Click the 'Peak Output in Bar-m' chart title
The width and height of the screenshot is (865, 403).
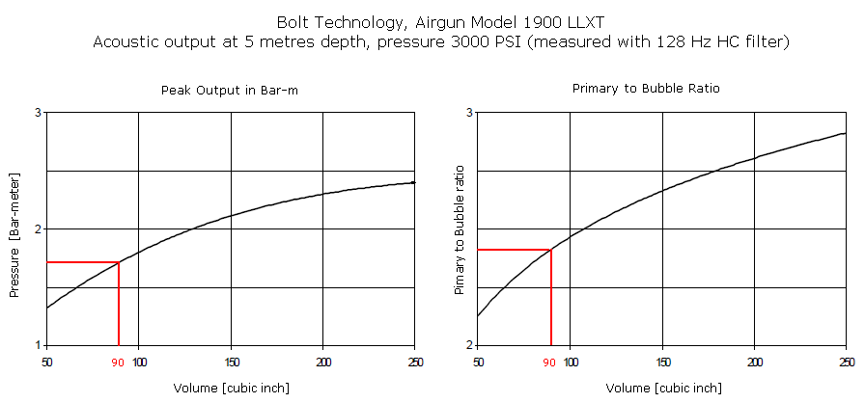point(231,90)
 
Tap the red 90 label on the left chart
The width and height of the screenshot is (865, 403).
point(118,363)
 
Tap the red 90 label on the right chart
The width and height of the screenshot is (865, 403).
point(549,363)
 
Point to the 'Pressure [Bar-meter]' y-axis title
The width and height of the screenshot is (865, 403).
point(14,236)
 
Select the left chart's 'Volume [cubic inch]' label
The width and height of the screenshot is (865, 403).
point(231,388)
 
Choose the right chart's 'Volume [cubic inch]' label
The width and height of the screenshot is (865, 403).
point(663,388)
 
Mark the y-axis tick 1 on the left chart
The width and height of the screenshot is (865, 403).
point(38,345)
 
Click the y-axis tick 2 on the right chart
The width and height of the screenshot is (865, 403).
point(469,345)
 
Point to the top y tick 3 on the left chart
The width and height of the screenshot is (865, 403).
point(38,113)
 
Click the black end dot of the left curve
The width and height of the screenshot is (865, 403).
point(413,182)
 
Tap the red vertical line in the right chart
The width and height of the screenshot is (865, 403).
point(550,299)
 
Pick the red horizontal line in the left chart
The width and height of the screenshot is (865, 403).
point(82,262)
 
